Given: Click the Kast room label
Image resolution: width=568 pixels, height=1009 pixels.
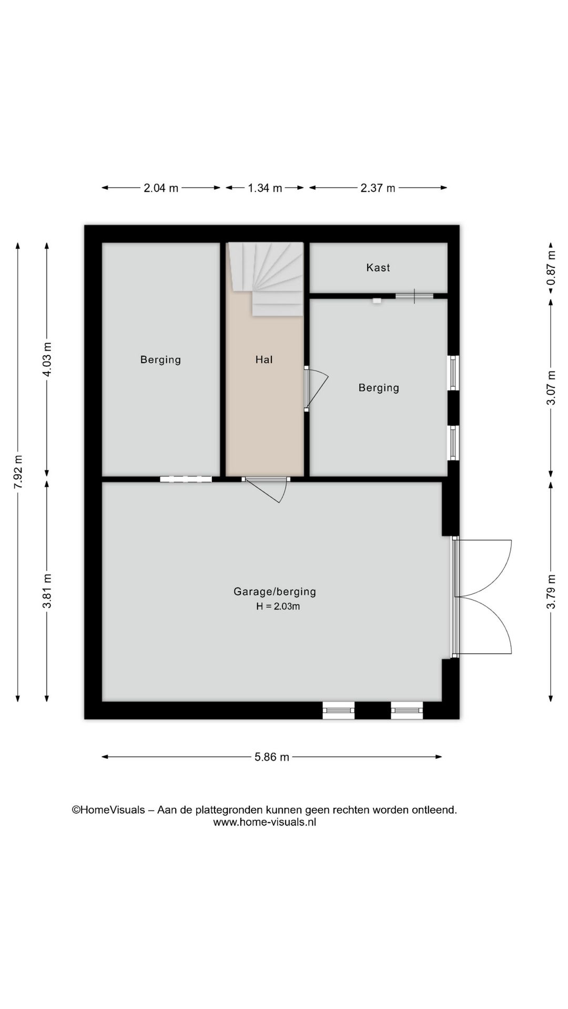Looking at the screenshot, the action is [x=378, y=267].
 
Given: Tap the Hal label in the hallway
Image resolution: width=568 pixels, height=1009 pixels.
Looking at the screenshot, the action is [x=264, y=359].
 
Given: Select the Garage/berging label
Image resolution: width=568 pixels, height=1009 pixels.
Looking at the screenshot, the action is [x=275, y=592].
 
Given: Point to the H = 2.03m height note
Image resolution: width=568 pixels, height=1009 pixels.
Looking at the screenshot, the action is [x=278, y=606].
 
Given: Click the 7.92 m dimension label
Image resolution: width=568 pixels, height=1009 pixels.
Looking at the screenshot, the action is [x=18, y=471].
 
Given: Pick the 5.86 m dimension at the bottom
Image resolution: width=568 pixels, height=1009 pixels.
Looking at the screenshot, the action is [x=272, y=757].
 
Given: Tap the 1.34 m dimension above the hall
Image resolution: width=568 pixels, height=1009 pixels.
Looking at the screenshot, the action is [x=265, y=188].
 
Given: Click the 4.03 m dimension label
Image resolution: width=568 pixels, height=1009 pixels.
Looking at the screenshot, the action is [x=47, y=359].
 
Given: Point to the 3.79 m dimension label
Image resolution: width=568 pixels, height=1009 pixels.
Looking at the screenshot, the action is [x=551, y=592].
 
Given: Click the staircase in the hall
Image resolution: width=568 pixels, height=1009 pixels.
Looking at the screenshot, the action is [x=266, y=279].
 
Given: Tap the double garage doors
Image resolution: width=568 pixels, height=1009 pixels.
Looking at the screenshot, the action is [x=481, y=597].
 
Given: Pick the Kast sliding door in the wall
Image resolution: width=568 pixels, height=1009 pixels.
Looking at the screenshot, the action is [x=414, y=296].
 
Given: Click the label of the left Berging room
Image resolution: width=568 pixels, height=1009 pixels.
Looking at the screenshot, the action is [x=160, y=359].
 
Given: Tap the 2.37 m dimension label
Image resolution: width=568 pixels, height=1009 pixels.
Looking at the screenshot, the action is [x=378, y=188].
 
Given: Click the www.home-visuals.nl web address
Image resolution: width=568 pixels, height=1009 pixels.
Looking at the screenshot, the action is [x=265, y=822].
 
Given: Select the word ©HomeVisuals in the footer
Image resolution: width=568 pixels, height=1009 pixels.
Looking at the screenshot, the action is [x=108, y=810].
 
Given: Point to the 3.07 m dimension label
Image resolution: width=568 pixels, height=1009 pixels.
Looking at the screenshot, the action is [x=551, y=388].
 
